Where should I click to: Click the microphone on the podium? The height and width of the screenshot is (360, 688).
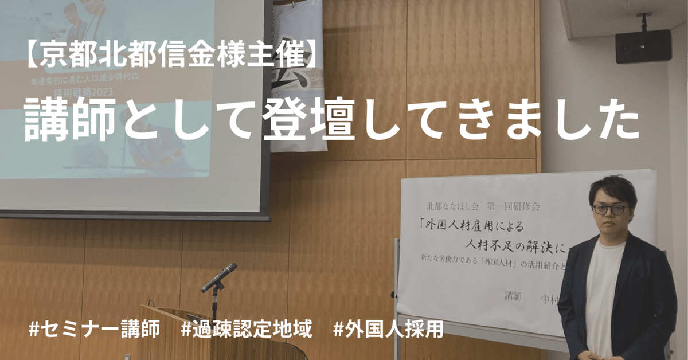(x=220, y=276)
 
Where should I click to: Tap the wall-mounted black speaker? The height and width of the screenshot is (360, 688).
(x=643, y=46)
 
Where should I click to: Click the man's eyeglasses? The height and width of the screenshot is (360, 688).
(x=608, y=209)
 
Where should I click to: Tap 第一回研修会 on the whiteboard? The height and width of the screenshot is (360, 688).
(x=513, y=205)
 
